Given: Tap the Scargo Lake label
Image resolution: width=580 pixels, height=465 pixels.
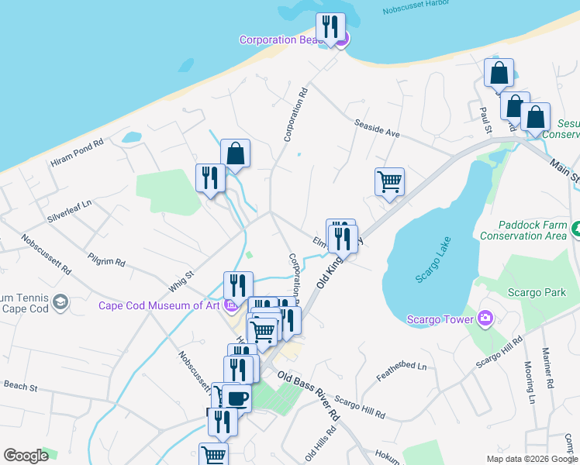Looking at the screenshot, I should coord(433,263).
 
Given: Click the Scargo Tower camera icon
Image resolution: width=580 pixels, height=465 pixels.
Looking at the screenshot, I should coord(485,317).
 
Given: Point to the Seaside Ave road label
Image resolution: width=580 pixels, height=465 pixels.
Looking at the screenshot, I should coord(376,129).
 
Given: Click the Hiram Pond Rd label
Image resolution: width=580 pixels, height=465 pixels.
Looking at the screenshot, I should coord(77,154).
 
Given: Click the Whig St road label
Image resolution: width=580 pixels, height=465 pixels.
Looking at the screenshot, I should coord(180,279).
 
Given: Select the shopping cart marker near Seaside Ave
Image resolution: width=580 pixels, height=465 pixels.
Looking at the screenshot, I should coord(389,182).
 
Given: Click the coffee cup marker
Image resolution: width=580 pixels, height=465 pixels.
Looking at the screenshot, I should coord(236,398).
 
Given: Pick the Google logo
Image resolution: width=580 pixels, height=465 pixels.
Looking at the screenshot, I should coord(26,455).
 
